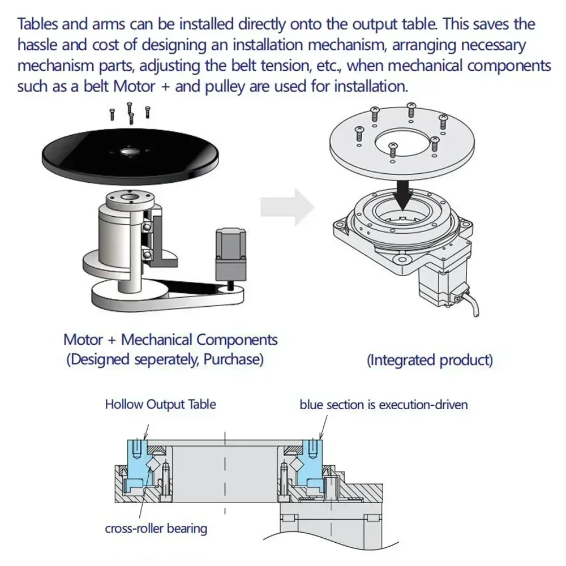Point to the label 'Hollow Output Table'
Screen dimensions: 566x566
(x=160, y=404)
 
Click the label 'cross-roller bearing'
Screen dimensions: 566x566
(x=156, y=529)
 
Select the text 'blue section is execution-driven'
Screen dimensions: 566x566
(x=384, y=405)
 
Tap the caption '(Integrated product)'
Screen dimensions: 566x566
(x=430, y=360)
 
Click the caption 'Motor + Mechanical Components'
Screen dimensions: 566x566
(x=170, y=340)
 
